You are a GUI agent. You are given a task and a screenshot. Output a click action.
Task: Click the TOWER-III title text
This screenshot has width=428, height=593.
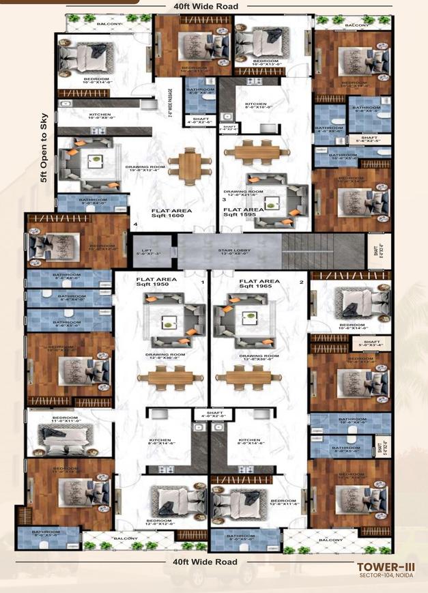click(381, 566)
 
